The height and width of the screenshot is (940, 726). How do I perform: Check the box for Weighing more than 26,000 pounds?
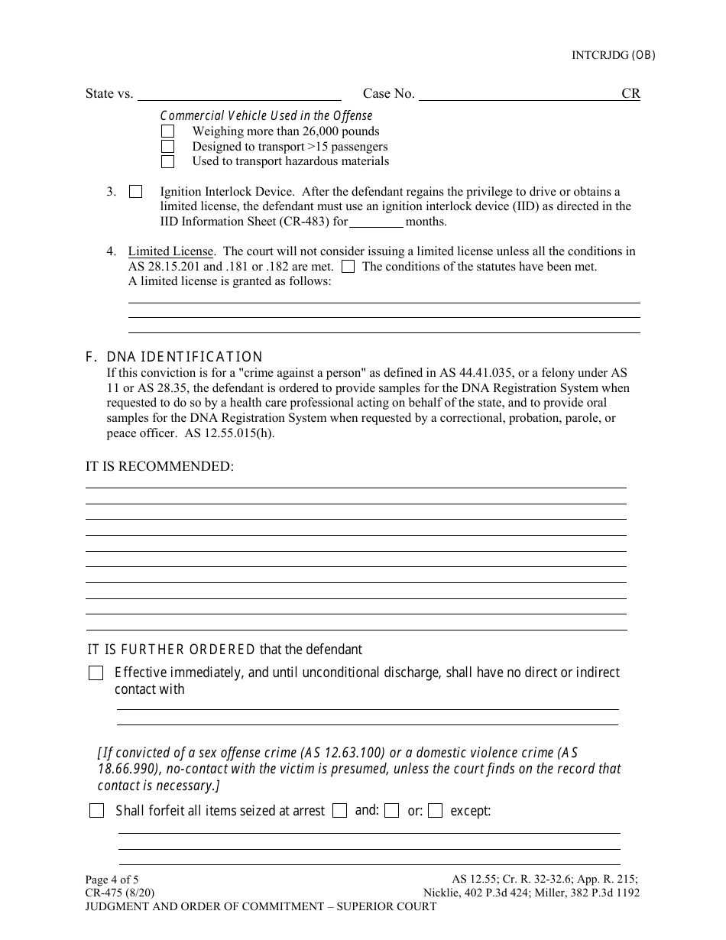tap(167, 131)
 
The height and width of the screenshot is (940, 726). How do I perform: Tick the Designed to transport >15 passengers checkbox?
tap(167, 147)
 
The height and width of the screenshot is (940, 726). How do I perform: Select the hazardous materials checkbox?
tap(167, 161)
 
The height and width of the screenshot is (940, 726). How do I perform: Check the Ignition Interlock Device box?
tap(136, 192)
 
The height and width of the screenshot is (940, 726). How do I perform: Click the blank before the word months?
tap(377, 222)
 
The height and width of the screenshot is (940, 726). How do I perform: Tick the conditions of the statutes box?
tap(348, 267)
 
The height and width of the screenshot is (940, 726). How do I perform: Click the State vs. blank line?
tap(239, 94)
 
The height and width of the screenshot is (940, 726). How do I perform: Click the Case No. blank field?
tap(520, 94)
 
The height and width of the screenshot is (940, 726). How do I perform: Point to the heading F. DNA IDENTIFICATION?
tap(174, 357)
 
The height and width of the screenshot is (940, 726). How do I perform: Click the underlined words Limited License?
tap(171, 251)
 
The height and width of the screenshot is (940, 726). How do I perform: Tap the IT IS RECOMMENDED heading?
tap(160, 466)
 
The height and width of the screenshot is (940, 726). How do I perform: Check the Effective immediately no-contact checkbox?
tap(96, 673)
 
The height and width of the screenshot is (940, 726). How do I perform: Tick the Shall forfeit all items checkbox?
tap(97, 811)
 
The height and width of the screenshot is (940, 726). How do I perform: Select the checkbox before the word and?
tap(340, 811)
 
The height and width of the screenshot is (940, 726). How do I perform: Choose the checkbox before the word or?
tap(392, 811)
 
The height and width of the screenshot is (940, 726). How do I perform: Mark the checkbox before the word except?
tap(436, 811)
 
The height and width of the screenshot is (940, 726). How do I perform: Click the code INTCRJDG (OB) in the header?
tap(614, 55)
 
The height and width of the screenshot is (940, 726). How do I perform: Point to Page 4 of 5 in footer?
tap(112, 880)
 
